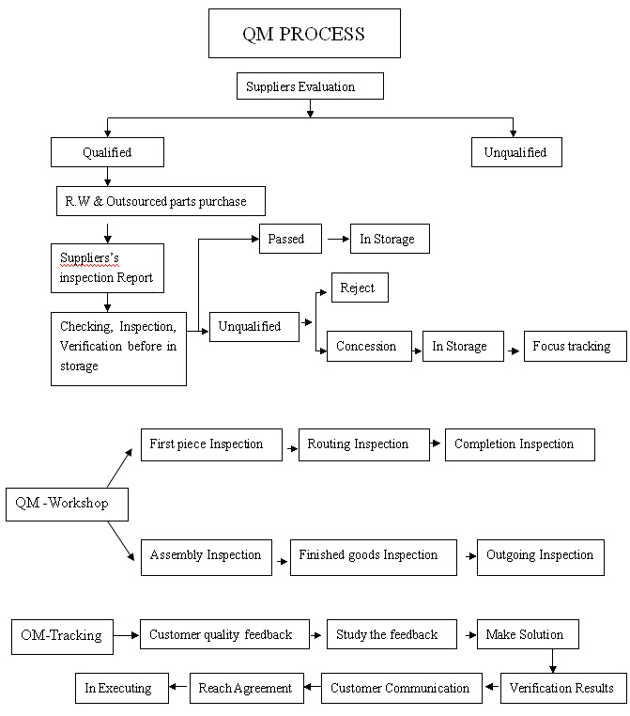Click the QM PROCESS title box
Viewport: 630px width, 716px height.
pos(304,33)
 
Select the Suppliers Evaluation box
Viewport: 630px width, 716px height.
pos(310,86)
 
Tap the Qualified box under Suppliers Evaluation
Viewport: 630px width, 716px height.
pos(107,152)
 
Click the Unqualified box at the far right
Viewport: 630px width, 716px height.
pos(516,152)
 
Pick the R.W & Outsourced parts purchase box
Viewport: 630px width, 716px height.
pos(161,201)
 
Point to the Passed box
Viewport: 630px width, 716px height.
pos(290,239)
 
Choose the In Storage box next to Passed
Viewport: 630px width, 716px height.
pos(390,239)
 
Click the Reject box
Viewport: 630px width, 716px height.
pos(360,288)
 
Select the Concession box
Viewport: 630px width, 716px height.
pos(369,346)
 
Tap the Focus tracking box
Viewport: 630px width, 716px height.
pos(576,346)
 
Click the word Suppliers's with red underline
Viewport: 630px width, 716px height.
pos(89,258)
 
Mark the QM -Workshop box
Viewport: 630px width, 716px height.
pos(67,505)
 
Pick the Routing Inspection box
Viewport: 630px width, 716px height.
pos(364,444)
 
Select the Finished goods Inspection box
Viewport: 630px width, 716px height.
pos(373,557)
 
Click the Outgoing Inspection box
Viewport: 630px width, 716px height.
pos(541,557)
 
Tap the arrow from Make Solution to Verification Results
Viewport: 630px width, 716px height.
pos(552,661)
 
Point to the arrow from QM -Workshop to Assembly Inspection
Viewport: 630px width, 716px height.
pos(121,541)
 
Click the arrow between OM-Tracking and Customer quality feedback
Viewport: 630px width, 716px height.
pos(126,635)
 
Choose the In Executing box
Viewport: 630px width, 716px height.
pos(122,688)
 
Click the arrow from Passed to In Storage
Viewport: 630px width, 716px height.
pos(339,239)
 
